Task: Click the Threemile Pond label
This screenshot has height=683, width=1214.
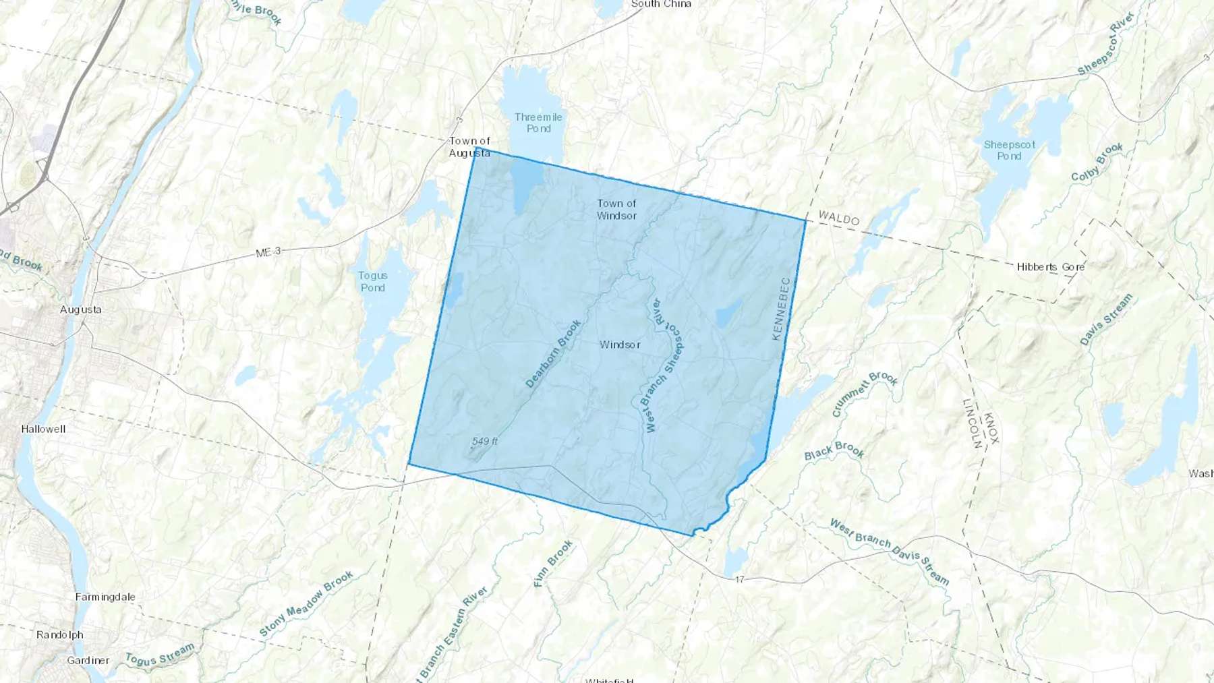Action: (x=538, y=123)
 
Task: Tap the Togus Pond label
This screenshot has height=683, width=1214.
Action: (x=373, y=281)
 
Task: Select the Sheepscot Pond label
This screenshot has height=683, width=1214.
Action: (x=1009, y=150)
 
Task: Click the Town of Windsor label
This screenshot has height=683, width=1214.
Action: (x=616, y=209)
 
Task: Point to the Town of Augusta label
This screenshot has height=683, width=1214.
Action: (x=469, y=147)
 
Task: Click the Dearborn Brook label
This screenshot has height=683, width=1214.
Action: (x=553, y=353)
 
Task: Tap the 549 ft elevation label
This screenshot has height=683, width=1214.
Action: (x=484, y=442)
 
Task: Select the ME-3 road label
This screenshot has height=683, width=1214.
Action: (x=268, y=252)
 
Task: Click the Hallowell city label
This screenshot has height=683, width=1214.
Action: (x=43, y=429)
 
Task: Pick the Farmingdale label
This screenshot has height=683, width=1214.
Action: (x=105, y=597)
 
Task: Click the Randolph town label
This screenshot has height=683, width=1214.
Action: (x=60, y=634)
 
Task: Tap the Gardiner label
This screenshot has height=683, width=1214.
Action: (x=88, y=660)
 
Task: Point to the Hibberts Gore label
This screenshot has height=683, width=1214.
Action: (x=1051, y=267)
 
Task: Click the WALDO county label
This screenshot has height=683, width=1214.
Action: (x=839, y=218)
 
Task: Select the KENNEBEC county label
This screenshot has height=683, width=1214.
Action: (x=780, y=308)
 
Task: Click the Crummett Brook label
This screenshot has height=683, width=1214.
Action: (x=865, y=393)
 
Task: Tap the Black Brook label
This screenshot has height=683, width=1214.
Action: (x=834, y=450)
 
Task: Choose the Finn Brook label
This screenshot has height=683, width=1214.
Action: (x=553, y=563)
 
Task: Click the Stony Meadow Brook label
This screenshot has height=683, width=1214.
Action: (x=306, y=604)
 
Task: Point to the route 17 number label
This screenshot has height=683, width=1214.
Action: (x=740, y=579)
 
